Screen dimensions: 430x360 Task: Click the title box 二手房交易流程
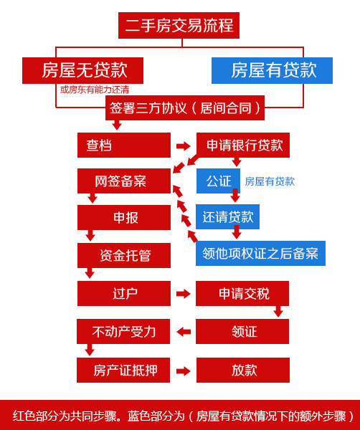pos(179,26)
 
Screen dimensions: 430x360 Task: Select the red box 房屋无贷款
pos(83,70)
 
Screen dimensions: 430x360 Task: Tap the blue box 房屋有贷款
pos(273,70)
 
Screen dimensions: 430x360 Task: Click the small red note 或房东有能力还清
pos(95,90)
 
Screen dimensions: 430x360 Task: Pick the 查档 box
pos(123,145)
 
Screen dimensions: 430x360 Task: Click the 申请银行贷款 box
pos(245,145)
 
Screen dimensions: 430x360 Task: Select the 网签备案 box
pos(123,181)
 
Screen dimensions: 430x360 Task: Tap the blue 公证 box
pos(218,181)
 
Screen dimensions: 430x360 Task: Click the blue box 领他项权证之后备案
pos(260,253)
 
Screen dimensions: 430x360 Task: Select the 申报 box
pos(123,217)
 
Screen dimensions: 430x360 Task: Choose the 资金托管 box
pos(123,255)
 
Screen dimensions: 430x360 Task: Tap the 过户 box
pos(123,293)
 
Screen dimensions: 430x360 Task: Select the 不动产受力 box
pos(123,331)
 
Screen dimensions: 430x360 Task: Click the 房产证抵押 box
pos(123,370)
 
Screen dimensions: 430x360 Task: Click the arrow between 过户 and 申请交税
pos(184,294)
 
